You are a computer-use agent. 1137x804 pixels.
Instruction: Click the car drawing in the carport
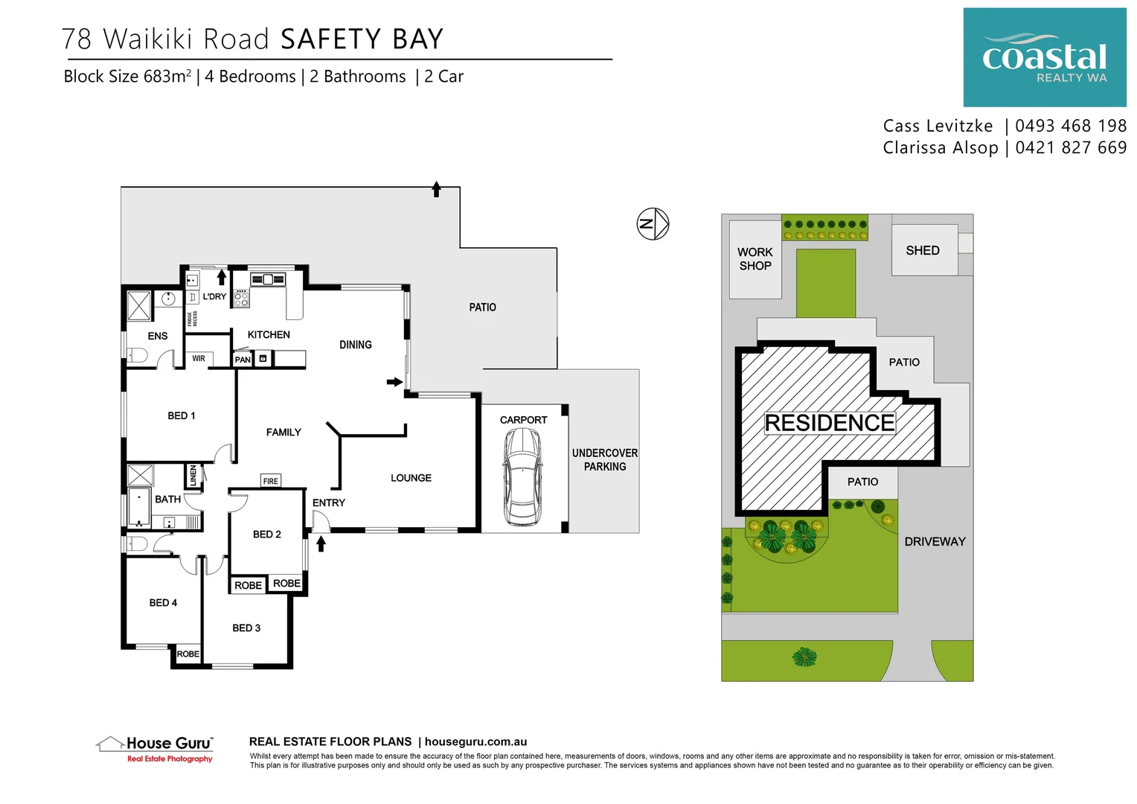point(522,477)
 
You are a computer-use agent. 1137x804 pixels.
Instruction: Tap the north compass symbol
point(653,223)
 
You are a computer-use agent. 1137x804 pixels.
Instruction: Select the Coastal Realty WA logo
point(1044,57)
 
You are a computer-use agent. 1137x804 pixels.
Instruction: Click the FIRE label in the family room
point(270,481)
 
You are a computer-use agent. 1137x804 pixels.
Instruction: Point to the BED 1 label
point(181,415)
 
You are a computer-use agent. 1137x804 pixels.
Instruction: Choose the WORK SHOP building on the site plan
point(755,259)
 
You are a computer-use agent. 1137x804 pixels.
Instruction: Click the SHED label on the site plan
point(922,250)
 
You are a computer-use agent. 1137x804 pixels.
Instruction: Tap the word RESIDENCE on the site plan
point(829,423)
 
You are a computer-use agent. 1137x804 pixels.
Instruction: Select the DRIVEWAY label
point(935,541)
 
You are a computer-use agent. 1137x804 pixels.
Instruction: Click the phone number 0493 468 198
point(1070,126)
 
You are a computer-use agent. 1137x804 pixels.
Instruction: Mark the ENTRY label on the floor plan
point(328,502)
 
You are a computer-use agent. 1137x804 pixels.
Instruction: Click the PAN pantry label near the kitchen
point(243,360)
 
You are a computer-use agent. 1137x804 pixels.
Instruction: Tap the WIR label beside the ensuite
point(199,358)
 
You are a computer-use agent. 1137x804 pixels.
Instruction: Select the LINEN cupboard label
point(193,475)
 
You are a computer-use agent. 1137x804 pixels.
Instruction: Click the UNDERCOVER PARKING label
point(604,459)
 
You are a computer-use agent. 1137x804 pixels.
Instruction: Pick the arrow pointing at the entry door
point(321,544)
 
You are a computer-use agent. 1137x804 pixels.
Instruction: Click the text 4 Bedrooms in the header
point(250,77)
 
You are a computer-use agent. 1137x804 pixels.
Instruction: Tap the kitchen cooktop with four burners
point(241,299)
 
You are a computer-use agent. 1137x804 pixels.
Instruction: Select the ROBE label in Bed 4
point(188,654)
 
